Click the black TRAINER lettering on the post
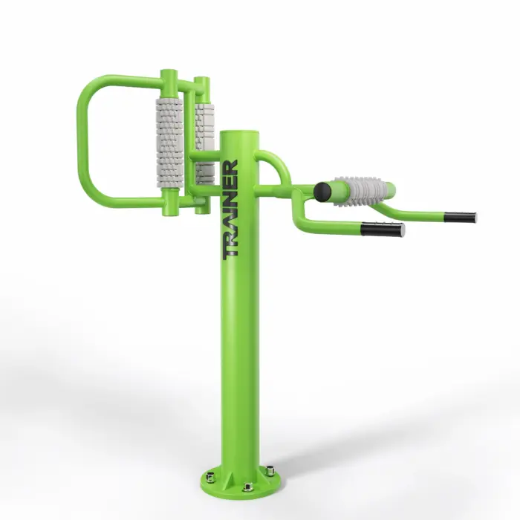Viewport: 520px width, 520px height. tap(230, 209)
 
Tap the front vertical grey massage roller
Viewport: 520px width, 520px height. tap(169, 143)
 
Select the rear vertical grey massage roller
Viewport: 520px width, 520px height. tap(204, 143)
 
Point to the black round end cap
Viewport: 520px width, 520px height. tap(322, 192)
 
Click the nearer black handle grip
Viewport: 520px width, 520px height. tap(383, 230)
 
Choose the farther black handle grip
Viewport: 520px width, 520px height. tap(460, 217)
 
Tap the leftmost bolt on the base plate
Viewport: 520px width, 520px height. tap(210, 477)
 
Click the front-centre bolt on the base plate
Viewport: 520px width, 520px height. tap(247, 487)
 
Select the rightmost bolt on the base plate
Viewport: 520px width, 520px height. tap(270, 470)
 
